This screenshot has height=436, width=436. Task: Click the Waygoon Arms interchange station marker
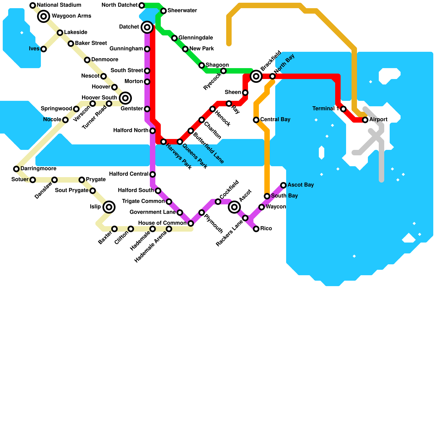(x=44, y=16)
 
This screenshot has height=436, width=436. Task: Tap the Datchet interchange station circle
(x=147, y=27)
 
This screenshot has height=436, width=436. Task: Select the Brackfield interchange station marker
(x=256, y=76)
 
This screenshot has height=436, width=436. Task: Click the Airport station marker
(x=365, y=120)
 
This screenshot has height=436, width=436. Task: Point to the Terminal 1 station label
(x=326, y=109)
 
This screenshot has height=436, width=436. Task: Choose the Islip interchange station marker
(x=109, y=207)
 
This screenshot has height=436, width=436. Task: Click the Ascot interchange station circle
(x=234, y=207)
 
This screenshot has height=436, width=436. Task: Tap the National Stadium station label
(x=59, y=5)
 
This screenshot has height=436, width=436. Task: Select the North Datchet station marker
(x=142, y=5)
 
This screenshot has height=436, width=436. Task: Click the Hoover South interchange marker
(x=125, y=98)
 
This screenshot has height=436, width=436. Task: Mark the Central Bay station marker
(x=256, y=120)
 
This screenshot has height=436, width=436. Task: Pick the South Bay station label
(x=284, y=196)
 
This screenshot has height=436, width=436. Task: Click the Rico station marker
(x=256, y=229)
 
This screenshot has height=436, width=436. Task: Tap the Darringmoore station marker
(x=16, y=169)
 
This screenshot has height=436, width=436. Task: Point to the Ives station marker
(x=44, y=49)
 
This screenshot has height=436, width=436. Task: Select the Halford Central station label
(x=128, y=174)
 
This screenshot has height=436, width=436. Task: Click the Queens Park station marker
(x=180, y=142)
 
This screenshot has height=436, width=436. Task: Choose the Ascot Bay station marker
(x=283, y=185)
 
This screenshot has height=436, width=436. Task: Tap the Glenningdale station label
(x=196, y=38)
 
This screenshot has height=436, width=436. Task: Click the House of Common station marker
(x=191, y=223)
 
